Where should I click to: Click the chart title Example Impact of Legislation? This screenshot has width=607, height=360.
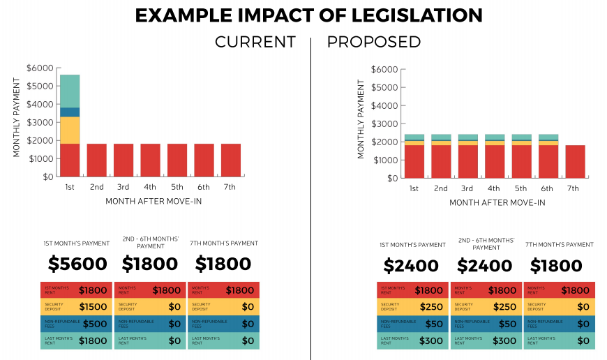coord(308,15)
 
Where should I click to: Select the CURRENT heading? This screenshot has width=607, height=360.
coord(255,42)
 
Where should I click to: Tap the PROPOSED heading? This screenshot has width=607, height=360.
coord(374,42)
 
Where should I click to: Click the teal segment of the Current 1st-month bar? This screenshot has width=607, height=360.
coord(70,91)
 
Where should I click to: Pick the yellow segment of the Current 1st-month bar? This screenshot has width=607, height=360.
coord(70,130)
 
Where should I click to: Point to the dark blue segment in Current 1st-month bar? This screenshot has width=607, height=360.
coord(70,112)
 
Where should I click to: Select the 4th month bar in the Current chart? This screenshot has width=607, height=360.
coord(150,160)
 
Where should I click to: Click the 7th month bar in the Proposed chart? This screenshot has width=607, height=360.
coord(575,161)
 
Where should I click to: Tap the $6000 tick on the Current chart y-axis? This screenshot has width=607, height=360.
coord(39,68)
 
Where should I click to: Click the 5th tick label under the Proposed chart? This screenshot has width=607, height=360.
coord(521,189)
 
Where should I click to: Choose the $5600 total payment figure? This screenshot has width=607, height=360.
coord(77,264)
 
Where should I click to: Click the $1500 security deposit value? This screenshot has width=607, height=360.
coord(93,307)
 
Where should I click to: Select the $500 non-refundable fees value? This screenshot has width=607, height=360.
coord(95,324)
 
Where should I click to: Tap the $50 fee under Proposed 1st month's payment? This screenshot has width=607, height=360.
coord(434,324)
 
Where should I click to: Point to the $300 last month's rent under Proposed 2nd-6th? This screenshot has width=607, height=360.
coord(503,341)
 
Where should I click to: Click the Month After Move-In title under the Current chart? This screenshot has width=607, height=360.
coord(153,201)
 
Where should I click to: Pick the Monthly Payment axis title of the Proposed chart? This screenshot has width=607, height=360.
coord(361,119)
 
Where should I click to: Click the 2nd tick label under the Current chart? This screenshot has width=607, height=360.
coord(96,188)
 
